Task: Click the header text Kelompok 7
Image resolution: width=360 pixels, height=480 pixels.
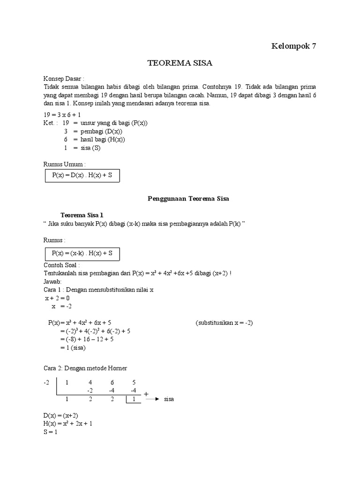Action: (x=294, y=46)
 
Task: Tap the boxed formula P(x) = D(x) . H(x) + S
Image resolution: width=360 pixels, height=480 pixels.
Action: (x=82, y=175)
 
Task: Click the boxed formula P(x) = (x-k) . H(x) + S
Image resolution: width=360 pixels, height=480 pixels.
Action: (x=82, y=253)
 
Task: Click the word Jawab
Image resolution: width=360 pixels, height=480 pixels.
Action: (x=52, y=282)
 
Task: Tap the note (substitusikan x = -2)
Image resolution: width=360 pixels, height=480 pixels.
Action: (x=224, y=322)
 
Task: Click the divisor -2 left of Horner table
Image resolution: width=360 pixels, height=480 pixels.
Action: (x=46, y=382)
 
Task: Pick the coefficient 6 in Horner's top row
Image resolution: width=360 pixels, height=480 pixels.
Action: (x=112, y=382)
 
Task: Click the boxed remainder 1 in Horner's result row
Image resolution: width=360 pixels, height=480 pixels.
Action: (x=134, y=399)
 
